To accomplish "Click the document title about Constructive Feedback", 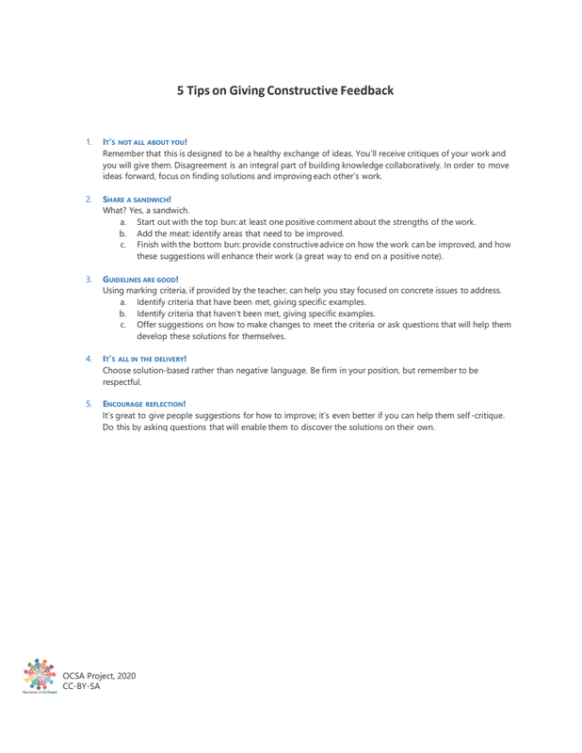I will coord(285,90).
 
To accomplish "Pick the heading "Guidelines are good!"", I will coord(139,279).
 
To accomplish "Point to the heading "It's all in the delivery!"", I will coord(144,359).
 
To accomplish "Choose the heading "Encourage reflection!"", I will coord(144,403).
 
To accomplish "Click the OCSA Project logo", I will coord(40,677).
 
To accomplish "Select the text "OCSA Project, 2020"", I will coord(100,676).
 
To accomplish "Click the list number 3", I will coord(89,279).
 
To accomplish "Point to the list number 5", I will coord(89,403).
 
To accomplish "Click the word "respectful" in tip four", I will coord(121,382).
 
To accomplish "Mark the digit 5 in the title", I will coord(182,90).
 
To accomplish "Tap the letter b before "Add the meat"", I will coord(122,233).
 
